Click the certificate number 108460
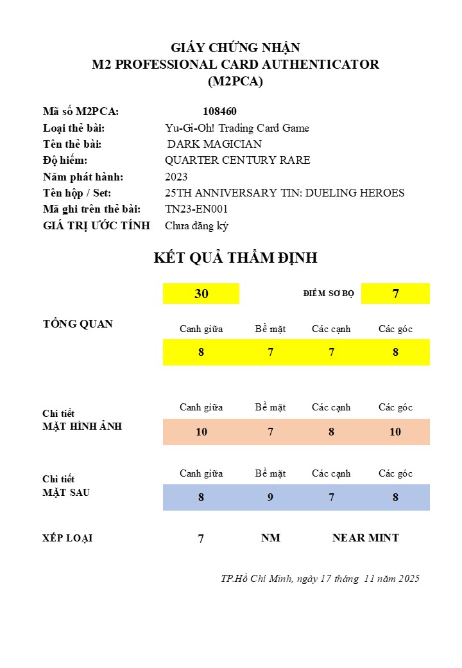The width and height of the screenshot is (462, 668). pos(219,111)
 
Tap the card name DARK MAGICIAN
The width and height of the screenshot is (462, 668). pos(214,144)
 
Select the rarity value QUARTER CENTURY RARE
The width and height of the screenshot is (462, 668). pos(237,160)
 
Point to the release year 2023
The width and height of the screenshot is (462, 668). pos(176,177)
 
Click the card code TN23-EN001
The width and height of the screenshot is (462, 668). pos(196,209)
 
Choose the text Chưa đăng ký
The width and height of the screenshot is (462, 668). pos(196,225)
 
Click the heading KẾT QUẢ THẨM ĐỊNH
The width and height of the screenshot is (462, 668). pos(235,258)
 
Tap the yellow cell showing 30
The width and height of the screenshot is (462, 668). pos(201,294)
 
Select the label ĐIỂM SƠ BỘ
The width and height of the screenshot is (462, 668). pos(329,294)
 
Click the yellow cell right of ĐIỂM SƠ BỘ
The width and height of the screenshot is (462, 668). pos(395,294)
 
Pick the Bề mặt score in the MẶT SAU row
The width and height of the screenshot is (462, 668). pos(270,497)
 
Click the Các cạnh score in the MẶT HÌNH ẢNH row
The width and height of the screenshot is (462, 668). pos(331,432)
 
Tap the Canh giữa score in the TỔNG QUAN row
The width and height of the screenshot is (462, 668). pos(201,352)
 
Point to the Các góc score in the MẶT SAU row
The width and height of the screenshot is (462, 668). pos(395,497)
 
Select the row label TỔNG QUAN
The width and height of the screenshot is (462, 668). pos(78,324)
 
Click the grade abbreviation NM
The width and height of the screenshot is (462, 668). pos(271,538)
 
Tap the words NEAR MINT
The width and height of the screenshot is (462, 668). pos(365,538)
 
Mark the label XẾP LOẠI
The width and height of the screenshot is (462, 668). pos(67,538)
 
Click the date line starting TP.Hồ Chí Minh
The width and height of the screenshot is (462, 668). pos(320,578)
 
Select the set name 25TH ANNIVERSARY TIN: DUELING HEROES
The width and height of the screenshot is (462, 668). pos(284,193)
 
